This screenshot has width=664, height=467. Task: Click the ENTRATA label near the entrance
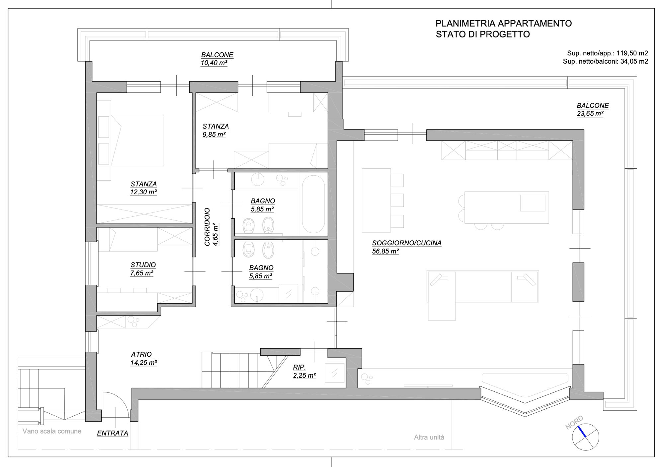pyautogui.click(x=113, y=433)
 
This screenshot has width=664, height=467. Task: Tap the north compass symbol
pyautogui.click(x=586, y=437)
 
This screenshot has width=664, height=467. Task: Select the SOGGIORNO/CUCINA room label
pyautogui.click(x=407, y=243)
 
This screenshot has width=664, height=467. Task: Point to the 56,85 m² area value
pyautogui.click(x=385, y=251)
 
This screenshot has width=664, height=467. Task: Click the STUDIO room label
pyautogui.click(x=143, y=265)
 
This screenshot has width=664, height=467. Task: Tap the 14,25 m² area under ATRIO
pyautogui.click(x=143, y=363)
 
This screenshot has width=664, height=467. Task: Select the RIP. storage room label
pyautogui.click(x=299, y=367)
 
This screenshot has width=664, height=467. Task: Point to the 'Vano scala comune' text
pyautogui.click(x=52, y=431)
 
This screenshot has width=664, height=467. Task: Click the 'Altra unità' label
pyautogui.click(x=429, y=437)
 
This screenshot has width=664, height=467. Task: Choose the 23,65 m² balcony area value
pyautogui.click(x=590, y=114)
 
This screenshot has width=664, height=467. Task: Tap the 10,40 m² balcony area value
pyautogui.click(x=214, y=63)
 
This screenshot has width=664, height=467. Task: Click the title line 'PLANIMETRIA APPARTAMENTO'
pyautogui.click(x=504, y=24)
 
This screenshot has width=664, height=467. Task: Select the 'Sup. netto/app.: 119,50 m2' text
pyautogui.click(x=608, y=53)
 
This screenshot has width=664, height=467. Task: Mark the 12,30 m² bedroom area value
pyautogui.click(x=143, y=192)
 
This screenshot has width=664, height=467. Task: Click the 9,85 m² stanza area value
pyautogui.click(x=214, y=135)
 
